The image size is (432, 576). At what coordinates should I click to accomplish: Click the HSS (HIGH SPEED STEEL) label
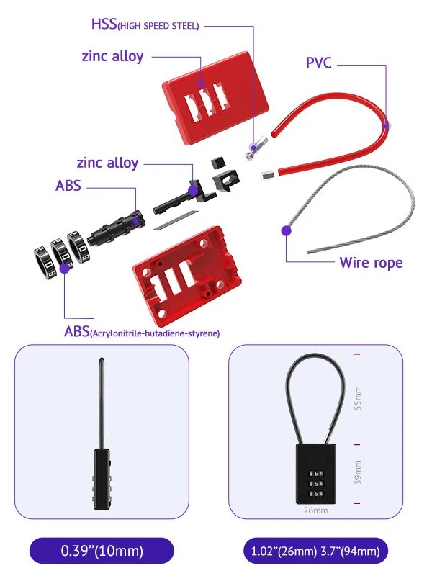pyautogui.click(x=145, y=24)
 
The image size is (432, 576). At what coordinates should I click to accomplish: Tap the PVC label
pyautogui.click(x=319, y=63)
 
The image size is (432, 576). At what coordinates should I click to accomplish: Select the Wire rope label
pyautogui.click(x=371, y=262)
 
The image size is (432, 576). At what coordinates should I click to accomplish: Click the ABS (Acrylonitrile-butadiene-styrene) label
pyautogui.click(x=141, y=332)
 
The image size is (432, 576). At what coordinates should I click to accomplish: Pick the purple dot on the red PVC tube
pyautogui.click(x=387, y=125)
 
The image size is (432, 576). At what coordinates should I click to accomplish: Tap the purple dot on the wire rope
pyautogui.click(x=286, y=231)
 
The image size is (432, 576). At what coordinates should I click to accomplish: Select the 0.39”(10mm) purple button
pyautogui.click(x=102, y=552)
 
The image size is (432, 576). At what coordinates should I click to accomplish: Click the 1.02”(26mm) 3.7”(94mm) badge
pyautogui.click(x=316, y=552)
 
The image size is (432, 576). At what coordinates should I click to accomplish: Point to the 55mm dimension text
pyautogui.click(x=358, y=398)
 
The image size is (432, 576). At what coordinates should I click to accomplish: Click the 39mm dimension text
pyautogui.click(x=358, y=472)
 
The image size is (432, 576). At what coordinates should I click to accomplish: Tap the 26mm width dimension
pyautogui.click(x=315, y=510)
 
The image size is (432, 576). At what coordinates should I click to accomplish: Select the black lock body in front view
pyautogui.click(x=315, y=474)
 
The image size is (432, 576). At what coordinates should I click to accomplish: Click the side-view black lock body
pyautogui.click(x=102, y=480)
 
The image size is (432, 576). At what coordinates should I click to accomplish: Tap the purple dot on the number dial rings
pyautogui.click(x=65, y=268)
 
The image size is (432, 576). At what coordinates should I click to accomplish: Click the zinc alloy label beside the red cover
pyautogui.click(x=112, y=56)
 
